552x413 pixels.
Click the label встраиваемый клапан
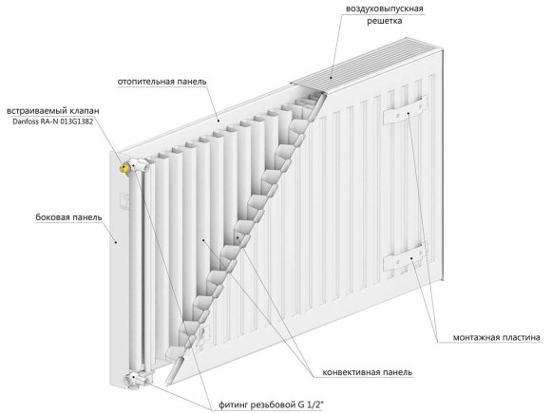click(53, 111)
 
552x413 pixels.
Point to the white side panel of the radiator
click(120, 275)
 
